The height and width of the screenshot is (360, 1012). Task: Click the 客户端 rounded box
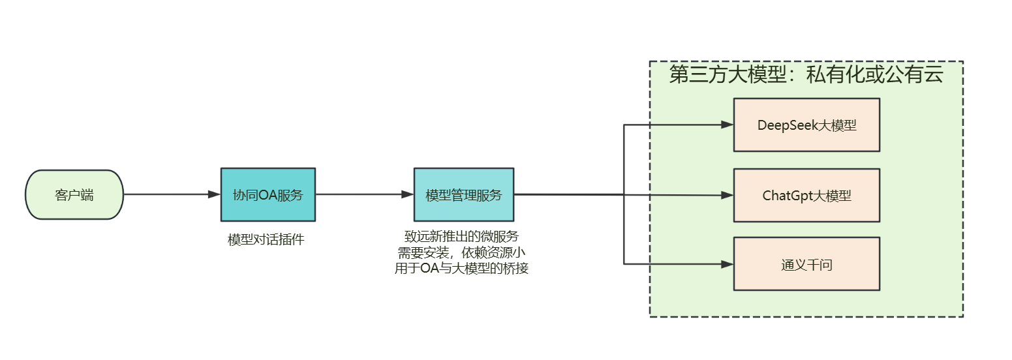click(74, 194)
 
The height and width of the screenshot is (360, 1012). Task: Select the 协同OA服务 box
click(268, 194)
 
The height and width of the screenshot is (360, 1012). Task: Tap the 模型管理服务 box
click(463, 194)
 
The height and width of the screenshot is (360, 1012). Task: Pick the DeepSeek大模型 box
click(806, 125)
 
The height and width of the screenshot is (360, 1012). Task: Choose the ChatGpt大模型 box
click(806, 195)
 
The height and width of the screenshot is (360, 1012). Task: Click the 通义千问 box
click(806, 264)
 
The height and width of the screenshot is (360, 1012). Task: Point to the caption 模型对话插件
click(266, 239)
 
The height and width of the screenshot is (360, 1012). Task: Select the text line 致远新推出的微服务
click(461, 236)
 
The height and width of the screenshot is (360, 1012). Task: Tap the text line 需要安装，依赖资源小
click(461, 252)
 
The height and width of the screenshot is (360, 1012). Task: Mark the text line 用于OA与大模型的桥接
click(461, 268)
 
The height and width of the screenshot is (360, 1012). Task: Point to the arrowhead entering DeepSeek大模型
click(727, 125)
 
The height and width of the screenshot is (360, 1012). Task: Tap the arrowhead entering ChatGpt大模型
click(727, 195)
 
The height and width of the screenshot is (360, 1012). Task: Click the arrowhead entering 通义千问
click(727, 264)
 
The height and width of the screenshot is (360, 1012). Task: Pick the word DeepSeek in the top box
click(783, 125)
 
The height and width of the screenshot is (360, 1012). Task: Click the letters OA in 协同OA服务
click(268, 195)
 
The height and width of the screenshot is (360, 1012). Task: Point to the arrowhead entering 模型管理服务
click(407, 194)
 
